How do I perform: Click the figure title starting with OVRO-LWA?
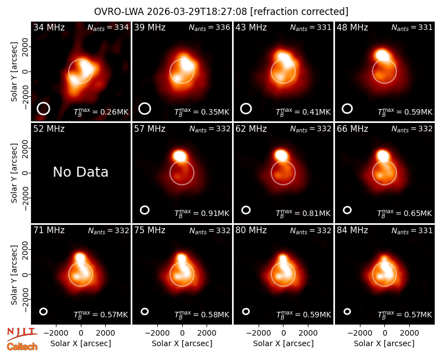[221, 12]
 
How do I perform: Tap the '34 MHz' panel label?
[49, 27]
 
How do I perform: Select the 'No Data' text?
[80, 172]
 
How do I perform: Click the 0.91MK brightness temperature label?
[202, 213]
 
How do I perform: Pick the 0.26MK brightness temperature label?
[101, 111]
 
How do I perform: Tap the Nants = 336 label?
[209, 27]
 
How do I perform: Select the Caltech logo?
[22, 347]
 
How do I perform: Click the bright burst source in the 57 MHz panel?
[179, 156]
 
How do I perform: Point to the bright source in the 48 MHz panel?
[382, 55]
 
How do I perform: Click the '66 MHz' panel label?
[352, 129]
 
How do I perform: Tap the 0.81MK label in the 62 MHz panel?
[303, 213]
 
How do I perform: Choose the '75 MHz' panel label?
[150, 230]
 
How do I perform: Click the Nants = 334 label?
[108, 27]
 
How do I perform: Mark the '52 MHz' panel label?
[49, 129]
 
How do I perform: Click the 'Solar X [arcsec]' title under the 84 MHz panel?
[384, 343]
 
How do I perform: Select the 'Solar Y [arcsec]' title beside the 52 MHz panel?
[14, 173]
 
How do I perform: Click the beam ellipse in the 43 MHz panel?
[246, 109]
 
